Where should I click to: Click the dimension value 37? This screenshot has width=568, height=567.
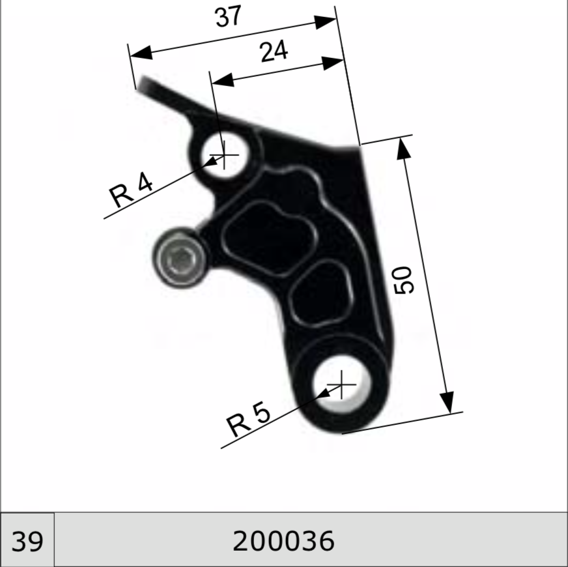tap(228, 16)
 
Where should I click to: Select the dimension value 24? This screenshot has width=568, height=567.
tap(274, 51)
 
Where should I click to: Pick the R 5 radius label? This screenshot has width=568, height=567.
tap(248, 419)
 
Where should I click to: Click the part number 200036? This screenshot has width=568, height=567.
tap(283, 541)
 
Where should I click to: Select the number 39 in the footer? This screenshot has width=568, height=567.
tap(27, 542)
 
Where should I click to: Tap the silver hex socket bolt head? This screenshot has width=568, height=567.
tap(180, 258)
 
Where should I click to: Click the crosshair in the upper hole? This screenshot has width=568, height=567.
tap(224, 155)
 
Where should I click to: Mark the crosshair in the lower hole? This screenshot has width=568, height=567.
tap(341, 385)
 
